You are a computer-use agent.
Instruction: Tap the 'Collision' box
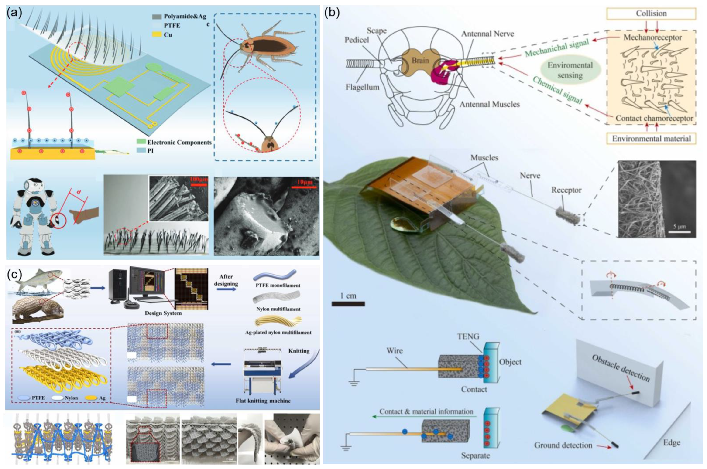coord(651,14)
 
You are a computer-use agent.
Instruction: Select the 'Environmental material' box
coord(651,139)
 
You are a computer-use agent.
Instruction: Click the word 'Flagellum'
coord(362,87)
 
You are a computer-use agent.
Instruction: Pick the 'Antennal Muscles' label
coord(489,104)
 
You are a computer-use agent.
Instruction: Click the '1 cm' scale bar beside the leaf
coord(348,304)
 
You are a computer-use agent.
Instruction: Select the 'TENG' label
coord(468,336)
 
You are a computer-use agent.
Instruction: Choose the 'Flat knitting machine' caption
coord(263,401)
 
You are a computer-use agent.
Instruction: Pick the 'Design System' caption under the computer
coord(163,313)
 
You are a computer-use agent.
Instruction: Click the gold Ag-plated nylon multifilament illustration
coord(278,322)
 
